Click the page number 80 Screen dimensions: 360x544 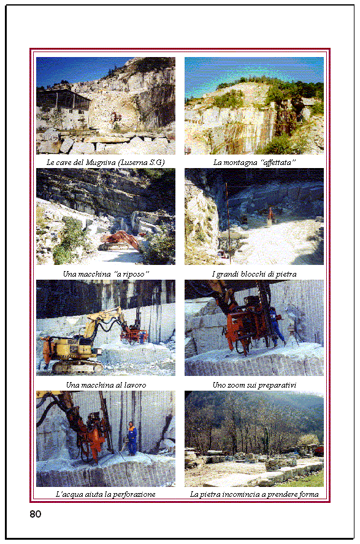[36, 514]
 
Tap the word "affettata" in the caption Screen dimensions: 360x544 [279, 163]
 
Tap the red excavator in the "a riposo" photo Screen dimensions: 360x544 [120, 241]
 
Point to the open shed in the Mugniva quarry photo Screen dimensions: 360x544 [63, 99]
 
